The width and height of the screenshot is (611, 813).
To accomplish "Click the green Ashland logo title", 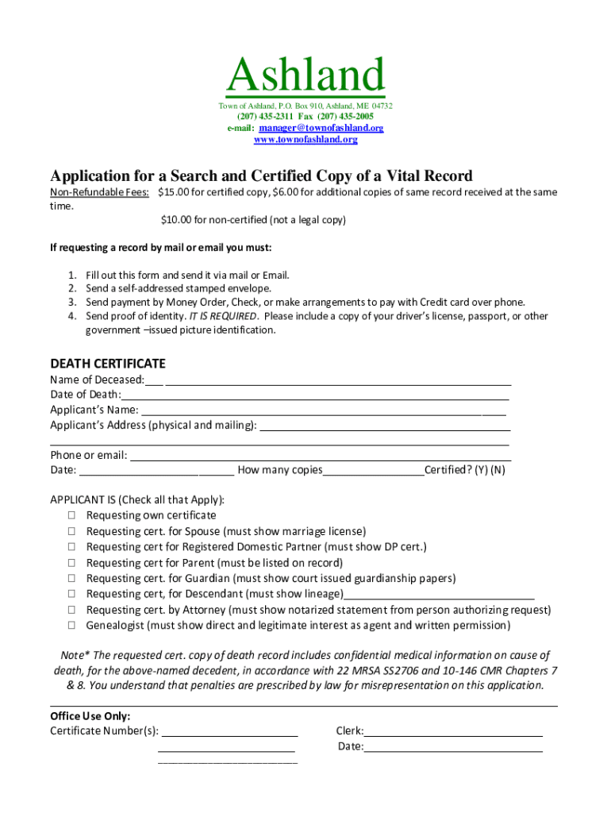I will [305, 76].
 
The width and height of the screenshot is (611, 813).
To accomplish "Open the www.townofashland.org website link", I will [305, 140].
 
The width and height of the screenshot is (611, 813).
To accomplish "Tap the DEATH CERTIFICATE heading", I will [108, 364].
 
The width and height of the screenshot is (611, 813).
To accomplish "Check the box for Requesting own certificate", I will [71, 516].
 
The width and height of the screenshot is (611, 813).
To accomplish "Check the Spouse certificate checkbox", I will [71, 532].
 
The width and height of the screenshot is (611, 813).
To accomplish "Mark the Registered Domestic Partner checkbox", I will [71, 547].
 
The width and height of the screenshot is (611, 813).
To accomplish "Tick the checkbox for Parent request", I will [71, 563].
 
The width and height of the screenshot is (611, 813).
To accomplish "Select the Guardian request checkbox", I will [71, 579].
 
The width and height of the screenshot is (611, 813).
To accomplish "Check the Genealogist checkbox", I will [71, 626].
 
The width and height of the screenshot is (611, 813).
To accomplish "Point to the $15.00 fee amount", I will [174, 192].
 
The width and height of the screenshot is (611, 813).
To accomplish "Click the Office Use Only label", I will [90, 716].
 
